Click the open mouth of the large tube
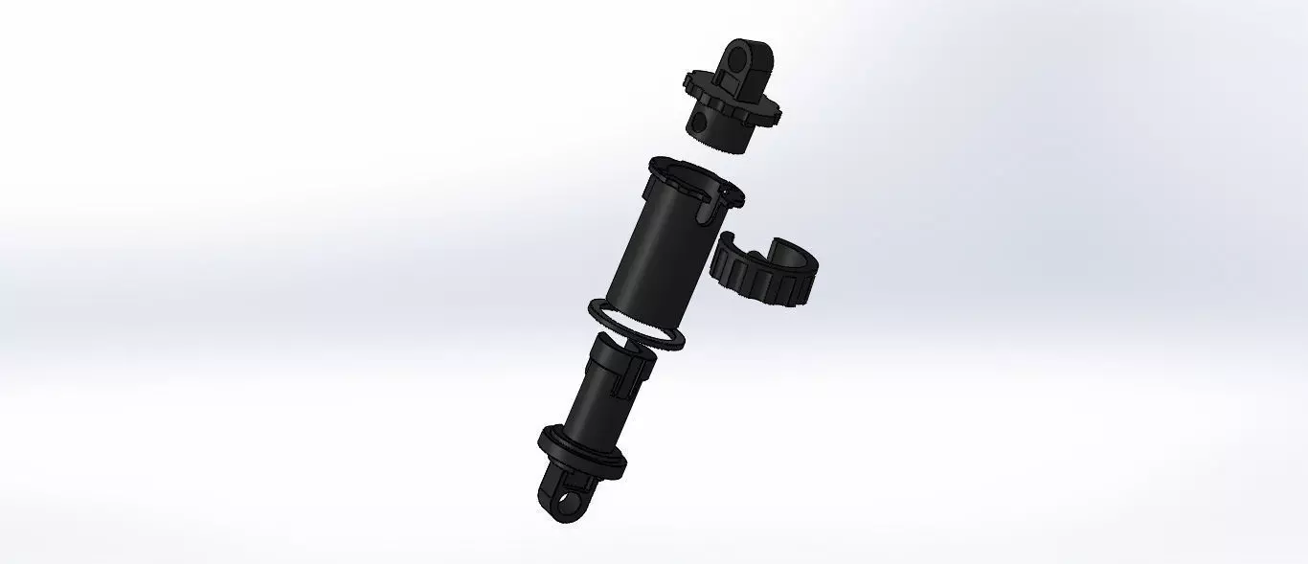(x=690, y=179)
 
